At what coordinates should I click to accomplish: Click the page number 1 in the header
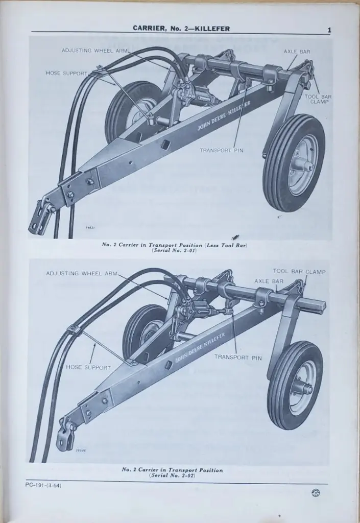tap(329, 30)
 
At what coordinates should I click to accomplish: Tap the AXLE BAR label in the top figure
tap(297, 52)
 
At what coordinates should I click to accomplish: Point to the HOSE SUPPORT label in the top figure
tap(67, 73)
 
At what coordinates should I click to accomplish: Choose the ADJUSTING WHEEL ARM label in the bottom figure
tap(82, 273)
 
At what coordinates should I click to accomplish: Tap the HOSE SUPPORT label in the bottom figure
tap(88, 367)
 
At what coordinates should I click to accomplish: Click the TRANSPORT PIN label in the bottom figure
tap(237, 358)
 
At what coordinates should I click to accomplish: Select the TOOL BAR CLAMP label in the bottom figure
tap(299, 272)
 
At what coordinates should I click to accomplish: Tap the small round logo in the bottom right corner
tap(315, 492)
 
